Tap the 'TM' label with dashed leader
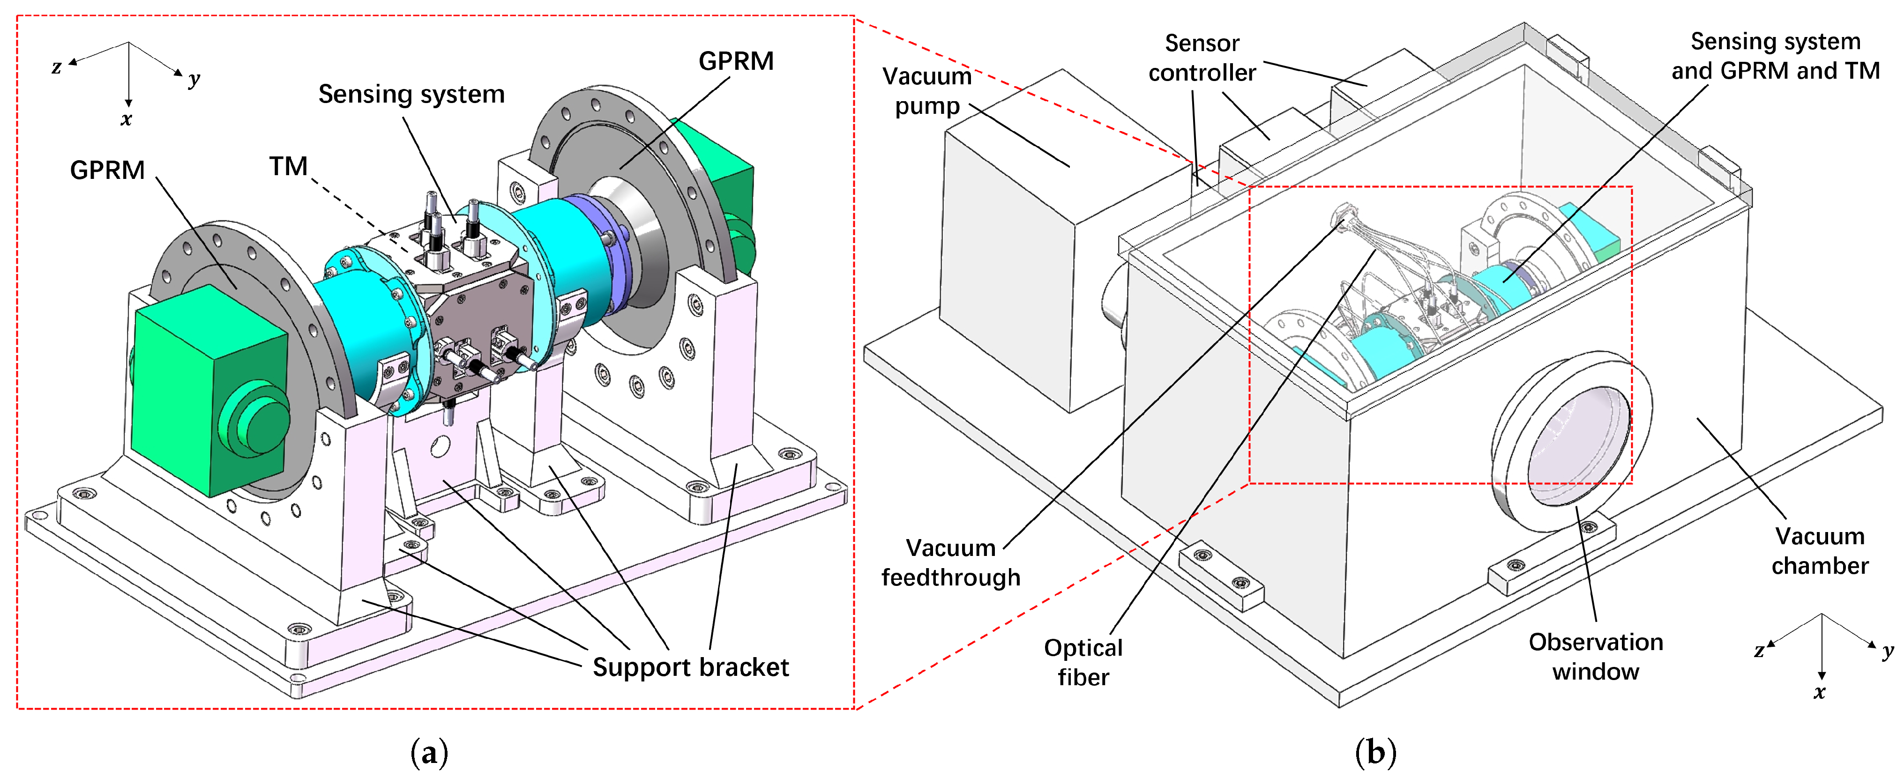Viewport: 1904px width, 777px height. [288, 166]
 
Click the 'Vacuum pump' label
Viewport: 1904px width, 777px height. [927, 91]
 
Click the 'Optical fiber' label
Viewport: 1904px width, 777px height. [1083, 663]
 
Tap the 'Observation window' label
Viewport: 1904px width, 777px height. [1596, 657]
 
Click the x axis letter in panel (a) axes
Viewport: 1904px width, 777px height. [127, 119]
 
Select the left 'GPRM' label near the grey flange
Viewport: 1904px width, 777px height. [107, 170]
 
